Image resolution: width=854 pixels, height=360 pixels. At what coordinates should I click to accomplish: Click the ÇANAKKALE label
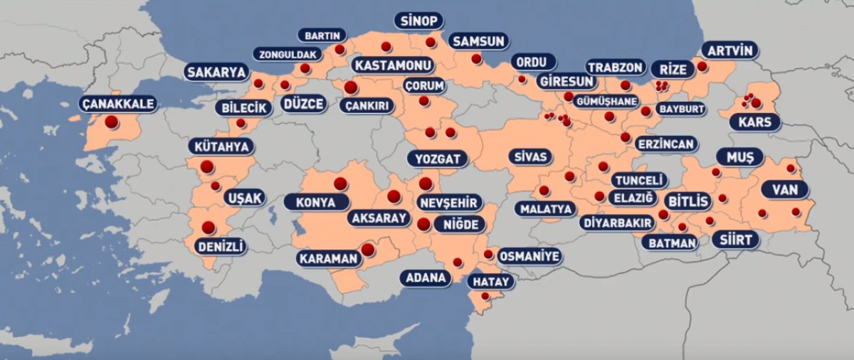point(118,105)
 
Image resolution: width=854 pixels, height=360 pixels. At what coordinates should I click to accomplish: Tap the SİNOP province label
point(420,21)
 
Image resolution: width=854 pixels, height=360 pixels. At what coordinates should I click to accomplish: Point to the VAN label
point(785,190)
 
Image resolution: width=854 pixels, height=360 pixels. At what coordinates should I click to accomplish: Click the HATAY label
point(490,282)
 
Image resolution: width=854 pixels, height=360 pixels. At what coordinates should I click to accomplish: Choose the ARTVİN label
point(730,51)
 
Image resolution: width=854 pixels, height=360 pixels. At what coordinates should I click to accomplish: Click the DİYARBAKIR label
point(617,223)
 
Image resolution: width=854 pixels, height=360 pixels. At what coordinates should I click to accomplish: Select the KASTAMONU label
point(394,65)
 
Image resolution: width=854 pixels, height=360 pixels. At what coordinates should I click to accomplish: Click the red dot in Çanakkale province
point(111,122)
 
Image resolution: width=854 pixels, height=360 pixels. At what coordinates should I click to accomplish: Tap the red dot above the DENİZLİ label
point(209,228)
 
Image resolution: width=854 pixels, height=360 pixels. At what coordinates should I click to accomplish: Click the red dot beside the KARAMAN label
point(367,250)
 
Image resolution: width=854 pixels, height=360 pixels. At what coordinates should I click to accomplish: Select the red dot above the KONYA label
point(340,184)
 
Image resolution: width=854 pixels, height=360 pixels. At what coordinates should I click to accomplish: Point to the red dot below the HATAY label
point(485,296)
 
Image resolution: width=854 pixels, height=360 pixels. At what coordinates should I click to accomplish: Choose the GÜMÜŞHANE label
point(606,100)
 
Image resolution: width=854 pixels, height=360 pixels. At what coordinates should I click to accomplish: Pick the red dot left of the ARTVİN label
point(702,66)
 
